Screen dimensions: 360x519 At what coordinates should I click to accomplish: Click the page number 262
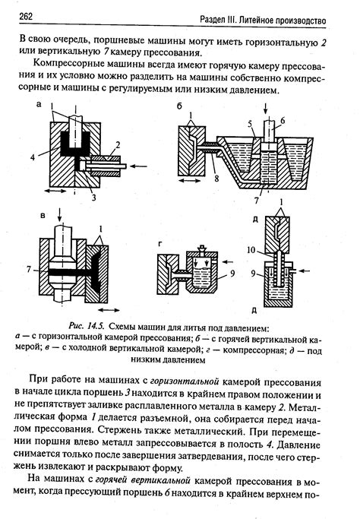(26, 16)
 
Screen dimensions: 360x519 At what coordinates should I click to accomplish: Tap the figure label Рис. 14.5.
(87, 326)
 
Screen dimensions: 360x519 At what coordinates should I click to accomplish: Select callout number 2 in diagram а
(118, 145)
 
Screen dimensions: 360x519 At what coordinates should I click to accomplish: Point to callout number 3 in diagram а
(93, 198)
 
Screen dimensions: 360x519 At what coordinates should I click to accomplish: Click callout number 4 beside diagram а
(33, 157)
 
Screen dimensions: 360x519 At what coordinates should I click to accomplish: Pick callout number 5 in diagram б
(250, 124)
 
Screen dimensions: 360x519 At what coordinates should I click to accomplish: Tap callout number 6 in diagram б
(283, 121)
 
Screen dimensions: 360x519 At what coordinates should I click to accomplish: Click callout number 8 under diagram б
(216, 179)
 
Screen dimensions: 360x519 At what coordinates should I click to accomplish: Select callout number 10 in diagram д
(251, 249)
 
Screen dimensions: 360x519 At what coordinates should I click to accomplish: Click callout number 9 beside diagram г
(232, 274)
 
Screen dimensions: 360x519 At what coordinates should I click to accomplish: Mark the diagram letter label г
(160, 244)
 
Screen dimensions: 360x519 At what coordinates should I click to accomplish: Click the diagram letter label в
(43, 216)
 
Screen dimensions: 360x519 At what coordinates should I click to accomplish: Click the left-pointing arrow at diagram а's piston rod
(138, 166)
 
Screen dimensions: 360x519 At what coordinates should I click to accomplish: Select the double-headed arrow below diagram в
(109, 310)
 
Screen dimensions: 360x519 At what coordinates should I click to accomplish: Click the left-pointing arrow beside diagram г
(228, 262)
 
